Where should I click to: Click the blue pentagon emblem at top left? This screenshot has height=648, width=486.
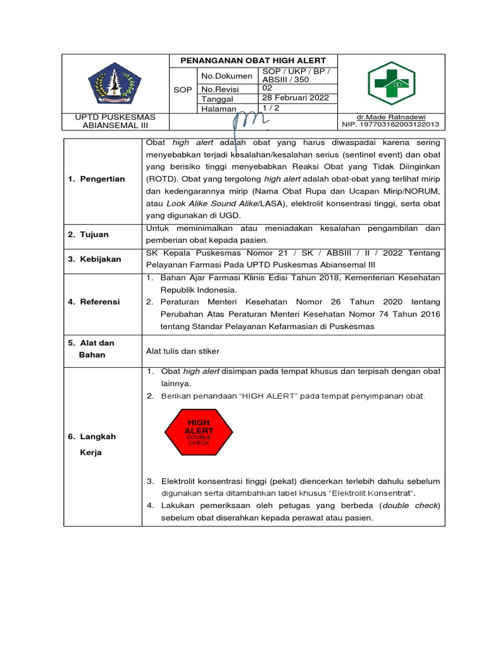pyautogui.click(x=115, y=85)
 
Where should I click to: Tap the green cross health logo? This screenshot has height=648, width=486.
pyautogui.click(x=391, y=84)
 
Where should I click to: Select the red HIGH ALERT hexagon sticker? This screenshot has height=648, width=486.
pyautogui.click(x=198, y=432)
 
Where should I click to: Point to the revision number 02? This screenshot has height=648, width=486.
pyautogui.click(x=268, y=89)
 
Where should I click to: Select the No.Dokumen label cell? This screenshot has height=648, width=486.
pyautogui.click(x=226, y=75)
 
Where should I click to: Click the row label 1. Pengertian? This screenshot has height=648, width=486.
pyautogui.click(x=96, y=179)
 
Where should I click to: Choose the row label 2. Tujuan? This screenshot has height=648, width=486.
pyautogui.click(x=88, y=234)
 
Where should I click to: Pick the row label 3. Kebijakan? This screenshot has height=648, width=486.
pyautogui.click(x=94, y=259)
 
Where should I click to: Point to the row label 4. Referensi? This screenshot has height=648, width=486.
pyautogui.click(x=94, y=302)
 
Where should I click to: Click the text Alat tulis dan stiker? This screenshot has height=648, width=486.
pyautogui.click(x=183, y=351)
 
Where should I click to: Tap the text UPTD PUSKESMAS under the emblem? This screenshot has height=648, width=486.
pyautogui.click(x=115, y=117)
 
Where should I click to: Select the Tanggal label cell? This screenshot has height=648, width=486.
pyautogui.click(x=217, y=99)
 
